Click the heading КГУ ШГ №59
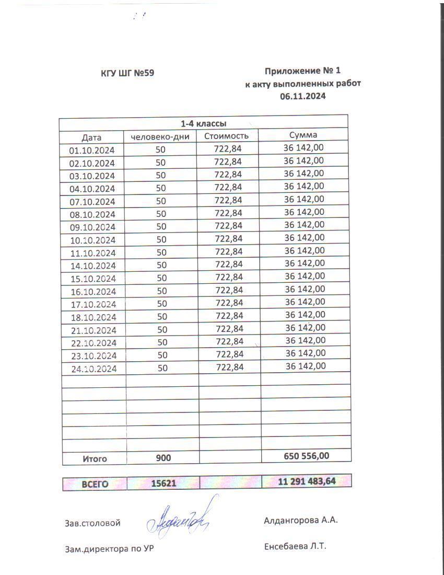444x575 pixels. [x=127, y=73]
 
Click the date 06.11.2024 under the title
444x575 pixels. [x=303, y=96]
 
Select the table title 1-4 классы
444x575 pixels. [x=203, y=124]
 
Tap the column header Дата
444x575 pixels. [x=91, y=137]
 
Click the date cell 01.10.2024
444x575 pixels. [x=92, y=151]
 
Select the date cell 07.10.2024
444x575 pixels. [x=92, y=202]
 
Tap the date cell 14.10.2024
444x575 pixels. [x=92, y=266]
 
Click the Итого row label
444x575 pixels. [x=95, y=458]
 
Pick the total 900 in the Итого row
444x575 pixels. [x=163, y=458]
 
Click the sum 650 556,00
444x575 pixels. [x=307, y=456]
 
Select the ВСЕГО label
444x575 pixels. [x=95, y=484]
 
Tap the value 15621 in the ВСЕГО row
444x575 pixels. [x=163, y=484]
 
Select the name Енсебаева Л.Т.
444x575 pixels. [x=295, y=547]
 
